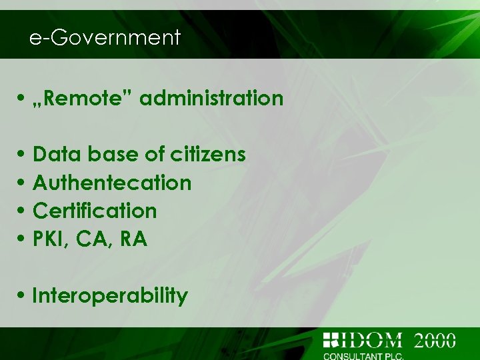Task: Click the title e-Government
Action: pos(105,37)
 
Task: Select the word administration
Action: pos(211,99)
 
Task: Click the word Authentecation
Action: pos(112,183)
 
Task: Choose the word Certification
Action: pos(95,211)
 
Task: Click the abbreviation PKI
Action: pos(51,239)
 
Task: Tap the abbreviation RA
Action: pos(133,239)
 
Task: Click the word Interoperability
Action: pos(110,295)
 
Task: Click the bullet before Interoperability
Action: pos(23,296)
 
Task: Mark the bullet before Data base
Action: pos(23,155)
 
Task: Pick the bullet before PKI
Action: pos(23,239)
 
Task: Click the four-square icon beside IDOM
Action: pos(331,340)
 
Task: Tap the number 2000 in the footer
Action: pos(435,340)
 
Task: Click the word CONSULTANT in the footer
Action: pos(353,356)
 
